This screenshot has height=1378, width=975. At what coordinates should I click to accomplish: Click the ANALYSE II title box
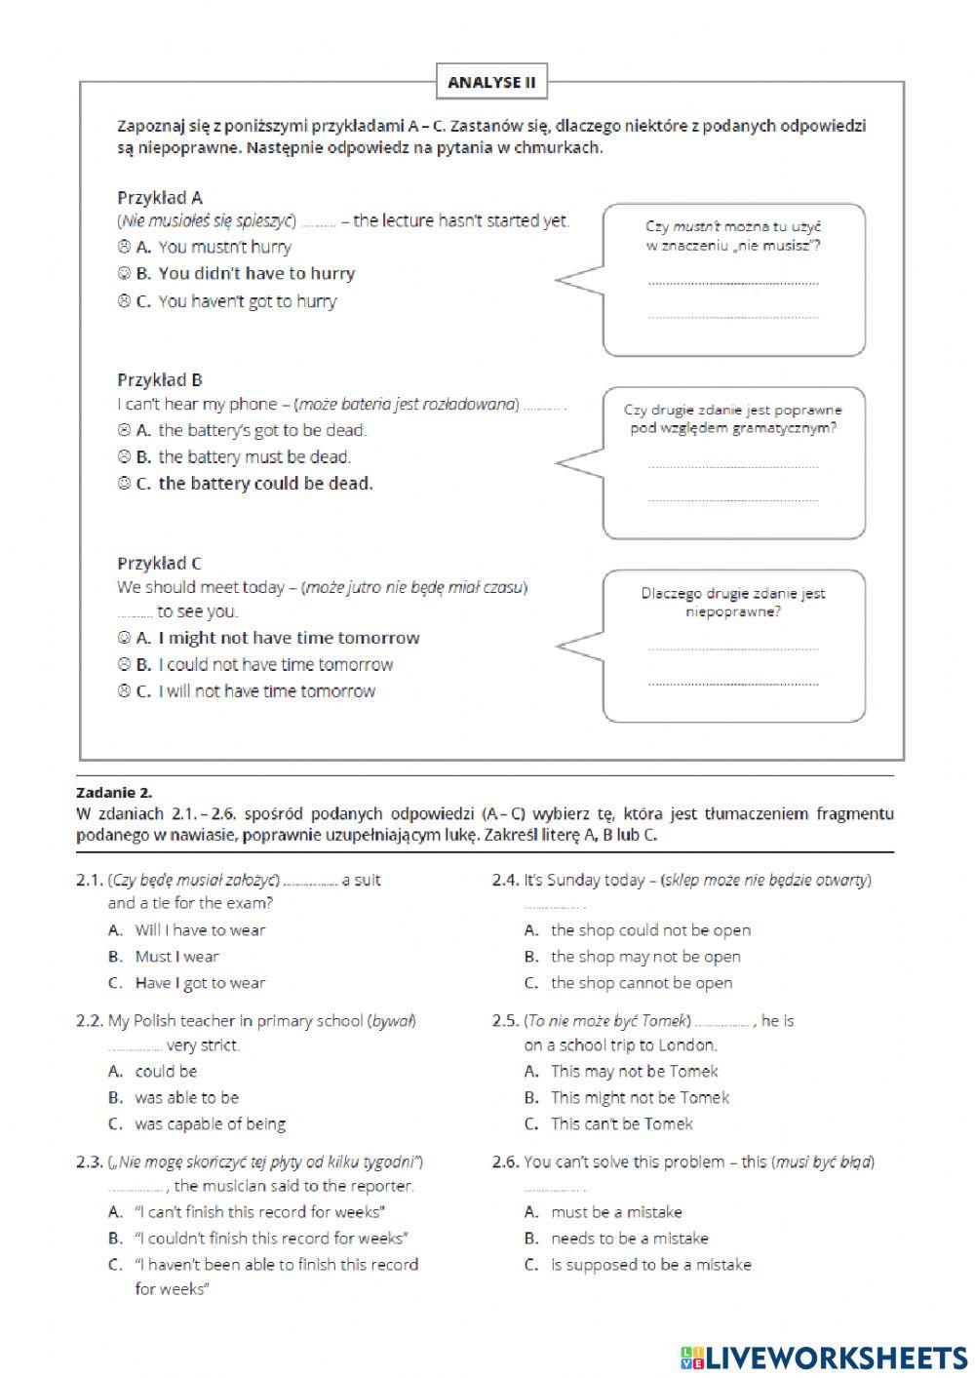click(491, 83)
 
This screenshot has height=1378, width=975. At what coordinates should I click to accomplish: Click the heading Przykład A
click(160, 197)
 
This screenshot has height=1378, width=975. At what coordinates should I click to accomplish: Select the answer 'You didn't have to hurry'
click(256, 274)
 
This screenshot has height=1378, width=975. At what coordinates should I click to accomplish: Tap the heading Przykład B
click(160, 380)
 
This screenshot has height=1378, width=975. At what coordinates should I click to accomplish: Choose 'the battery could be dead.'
click(265, 484)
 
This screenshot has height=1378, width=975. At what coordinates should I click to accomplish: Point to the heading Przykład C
click(160, 563)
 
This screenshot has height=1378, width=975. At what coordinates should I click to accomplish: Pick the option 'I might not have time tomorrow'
click(289, 639)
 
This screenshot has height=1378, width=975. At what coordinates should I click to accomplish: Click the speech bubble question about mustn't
click(733, 236)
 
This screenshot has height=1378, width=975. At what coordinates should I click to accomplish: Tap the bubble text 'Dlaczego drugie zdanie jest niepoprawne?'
click(733, 602)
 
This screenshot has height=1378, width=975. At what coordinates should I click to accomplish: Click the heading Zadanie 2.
click(114, 793)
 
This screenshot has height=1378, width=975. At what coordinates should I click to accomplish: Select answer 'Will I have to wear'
click(200, 930)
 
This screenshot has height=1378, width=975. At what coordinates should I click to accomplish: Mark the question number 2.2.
click(90, 1021)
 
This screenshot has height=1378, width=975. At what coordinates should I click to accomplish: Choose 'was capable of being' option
click(210, 1124)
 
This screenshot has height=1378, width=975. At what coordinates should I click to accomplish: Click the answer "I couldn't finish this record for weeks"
click(271, 1239)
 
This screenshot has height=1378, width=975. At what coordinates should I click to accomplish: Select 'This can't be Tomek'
click(621, 1124)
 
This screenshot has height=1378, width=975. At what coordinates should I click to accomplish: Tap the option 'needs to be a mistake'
click(629, 1239)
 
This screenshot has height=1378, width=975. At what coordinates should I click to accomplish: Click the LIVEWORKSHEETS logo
click(823, 1357)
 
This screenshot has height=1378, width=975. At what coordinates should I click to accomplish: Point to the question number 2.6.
click(505, 1162)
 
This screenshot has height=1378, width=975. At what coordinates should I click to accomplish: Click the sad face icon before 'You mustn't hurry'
click(124, 248)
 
